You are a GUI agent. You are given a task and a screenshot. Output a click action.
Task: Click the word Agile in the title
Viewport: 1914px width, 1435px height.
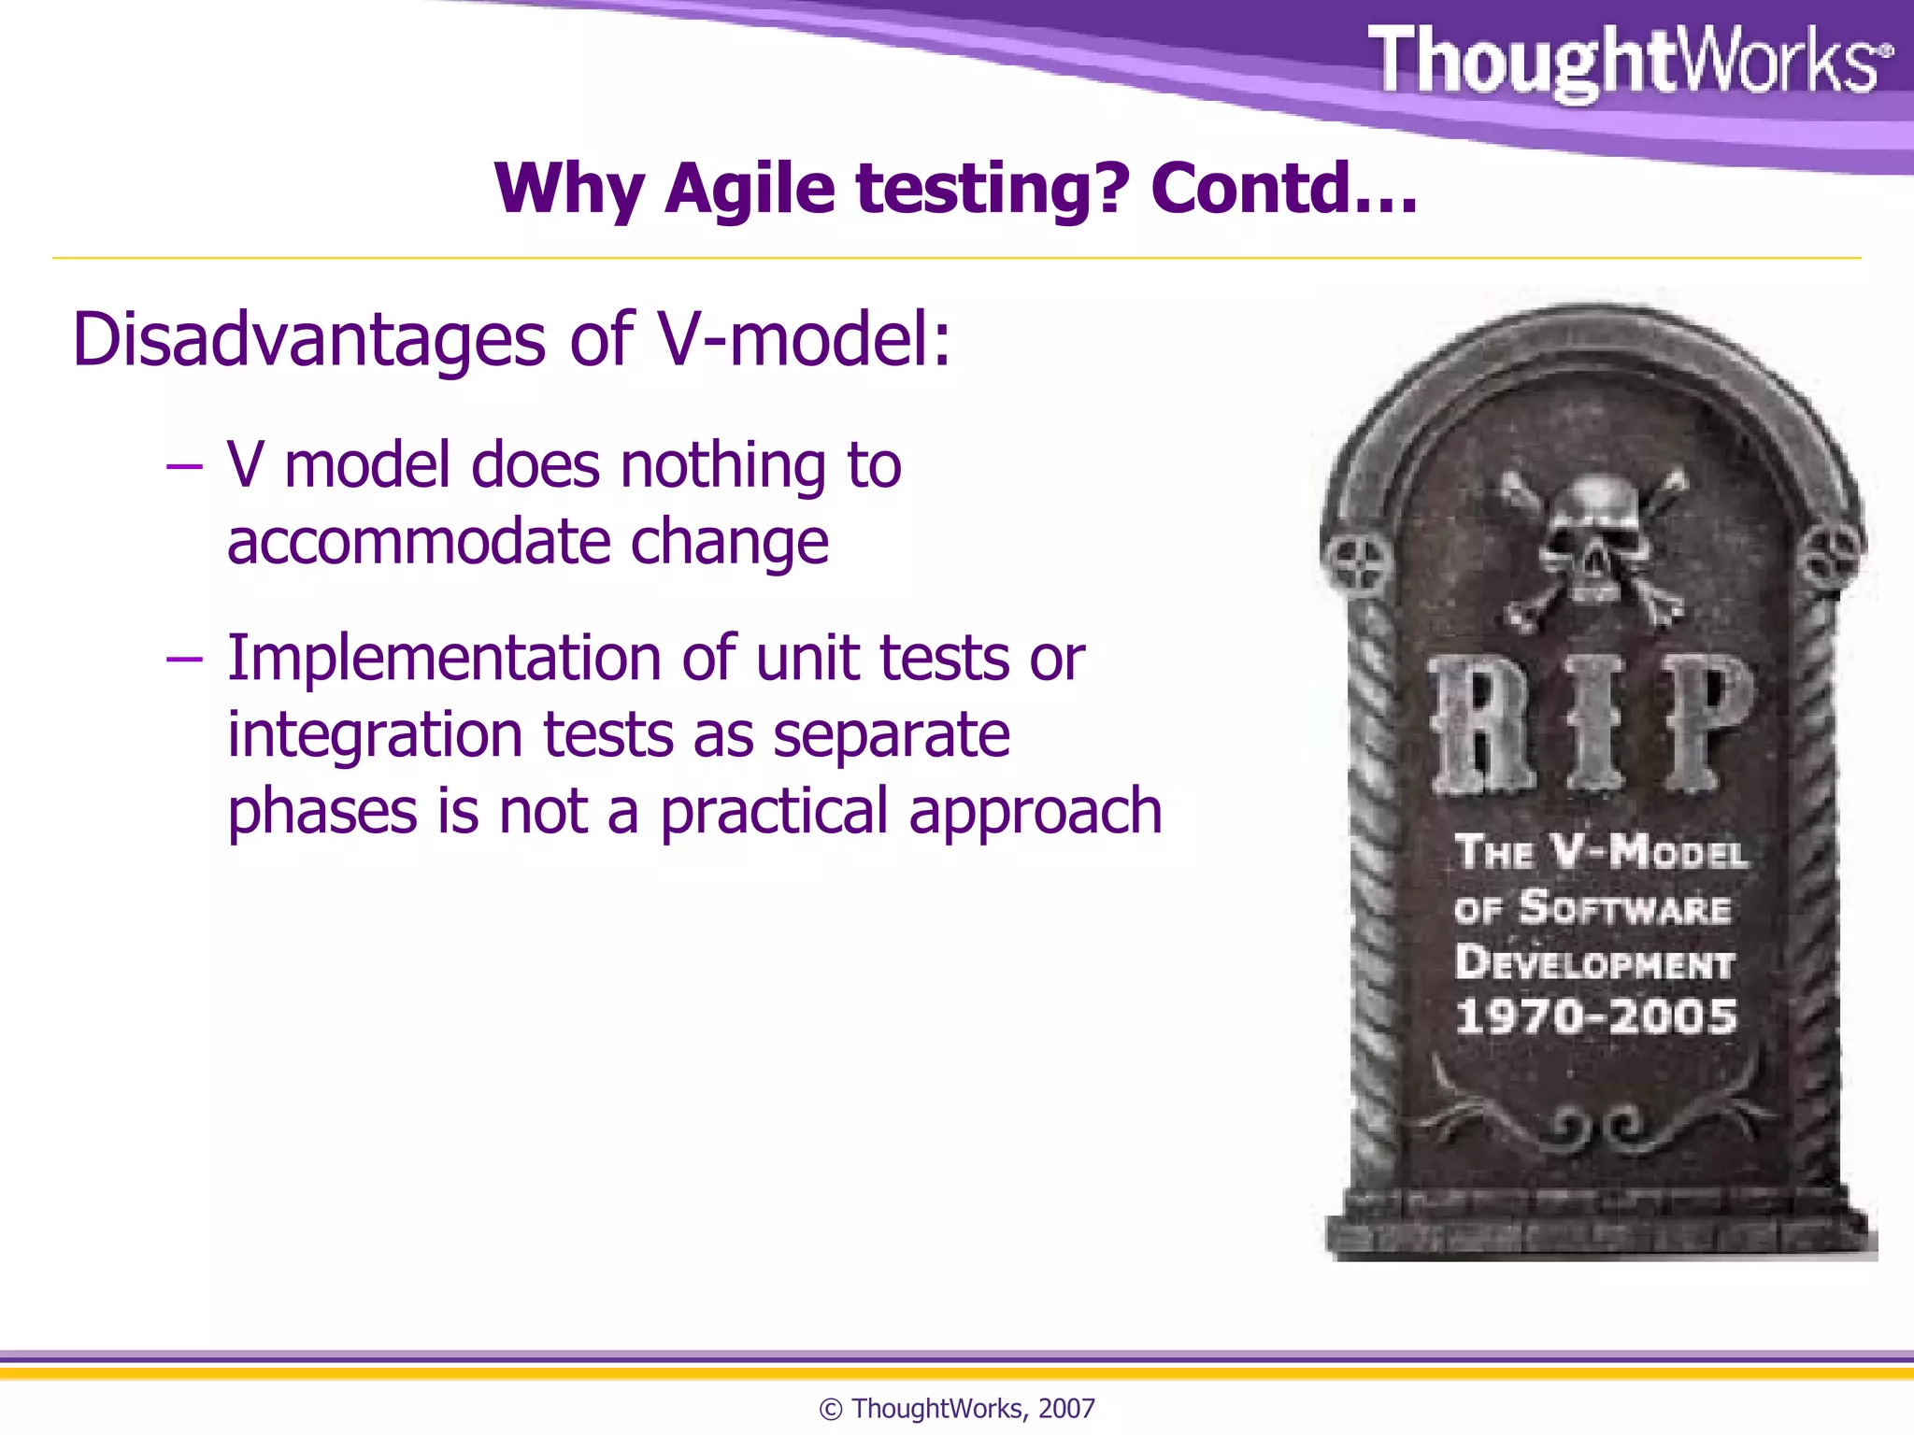pyautogui.click(x=750, y=189)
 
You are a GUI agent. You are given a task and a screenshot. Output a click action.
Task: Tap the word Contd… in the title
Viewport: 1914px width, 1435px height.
pyautogui.click(x=1284, y=189)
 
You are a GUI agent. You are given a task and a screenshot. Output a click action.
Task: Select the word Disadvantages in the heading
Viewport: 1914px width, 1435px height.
pyautogui.click(x=308, y=338)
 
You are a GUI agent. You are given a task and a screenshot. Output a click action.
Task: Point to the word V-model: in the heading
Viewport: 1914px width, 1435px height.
pyautogui.click(x=804, y=338)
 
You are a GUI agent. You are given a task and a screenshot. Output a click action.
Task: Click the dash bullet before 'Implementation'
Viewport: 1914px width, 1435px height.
pyautogui.click(x=184, y=659)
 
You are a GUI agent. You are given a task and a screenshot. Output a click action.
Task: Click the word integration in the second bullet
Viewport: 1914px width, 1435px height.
pyautogui.click(x=374, y=735)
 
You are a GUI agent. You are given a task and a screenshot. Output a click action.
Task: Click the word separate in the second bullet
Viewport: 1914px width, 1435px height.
pyautogui.click(x=892, y=735)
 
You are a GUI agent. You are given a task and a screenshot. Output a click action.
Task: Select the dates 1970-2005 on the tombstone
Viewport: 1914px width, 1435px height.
pyautogui.click(x=1596, y=1016)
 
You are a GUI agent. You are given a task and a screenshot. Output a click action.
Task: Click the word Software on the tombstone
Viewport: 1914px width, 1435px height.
pyautogui.click(x=1624, y=908)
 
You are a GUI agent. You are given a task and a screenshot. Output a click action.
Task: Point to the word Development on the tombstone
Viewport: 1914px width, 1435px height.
pyautogui.click(x=1594, y=963)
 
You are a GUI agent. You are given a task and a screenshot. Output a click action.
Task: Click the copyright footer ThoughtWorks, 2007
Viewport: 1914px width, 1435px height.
pyautogui.click(x=957, y=1408)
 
